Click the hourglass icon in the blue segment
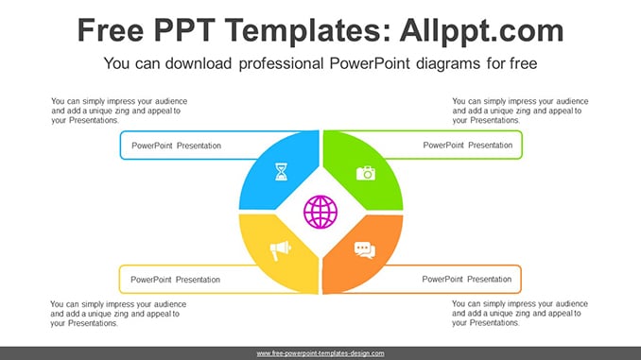pyautogui.click(x=281, y=172)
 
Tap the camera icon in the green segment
pyautogui.click(x=366, y=173)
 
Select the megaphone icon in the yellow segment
pyautogui.click(x=281, y=250)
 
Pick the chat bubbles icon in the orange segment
pyautogui.click(x=365, y=250)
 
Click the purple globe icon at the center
pyautogui.click(x=320, y=212)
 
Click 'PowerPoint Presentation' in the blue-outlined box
pyautogui.click(x=176, y=146)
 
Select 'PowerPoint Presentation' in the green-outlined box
pyautogui.click(x=468, y=146)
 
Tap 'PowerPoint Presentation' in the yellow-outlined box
pyautogui.click(x=175, y=280)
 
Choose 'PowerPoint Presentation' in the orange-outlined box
pyautogui.click(x=467, y=279)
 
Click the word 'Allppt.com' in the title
pyautogui.click(x=481, y=31)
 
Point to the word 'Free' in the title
pyautogui.click(x=111, y=30)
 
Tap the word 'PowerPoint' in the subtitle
pyautogui.click(x=370, y=63)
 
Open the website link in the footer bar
pyautogui.click(x=320, y=353)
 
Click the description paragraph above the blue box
pyautogui.click(x=119, y=111)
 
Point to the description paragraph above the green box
pyautogui.click(x=520, y=111)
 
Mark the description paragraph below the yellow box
pyautogui.click(x=118, y=314)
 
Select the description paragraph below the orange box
pyautogui.click(x=520, y=314)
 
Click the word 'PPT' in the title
pyautogui.click(x=184, y=30)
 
